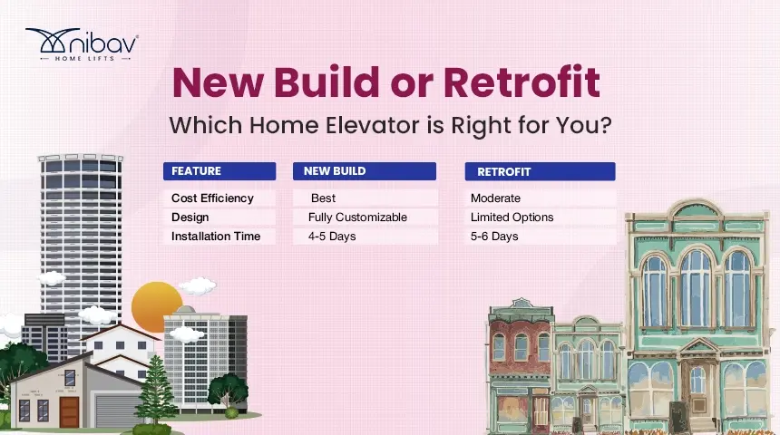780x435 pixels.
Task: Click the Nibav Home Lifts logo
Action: tap(82, 44)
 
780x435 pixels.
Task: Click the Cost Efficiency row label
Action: tap(212, 198)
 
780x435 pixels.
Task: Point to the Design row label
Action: tap(190, 217)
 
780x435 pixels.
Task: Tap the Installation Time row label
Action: tap(216, 237)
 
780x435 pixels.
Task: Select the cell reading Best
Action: tap(323, 198)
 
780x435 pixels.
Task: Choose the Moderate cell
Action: tap(495, 198)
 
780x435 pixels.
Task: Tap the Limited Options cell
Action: tap(512, 217)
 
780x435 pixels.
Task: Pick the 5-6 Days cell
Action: tap(494, 237)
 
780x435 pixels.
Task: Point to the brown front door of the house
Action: tap(70, 411)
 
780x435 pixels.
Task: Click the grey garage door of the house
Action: tap(116, 410)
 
